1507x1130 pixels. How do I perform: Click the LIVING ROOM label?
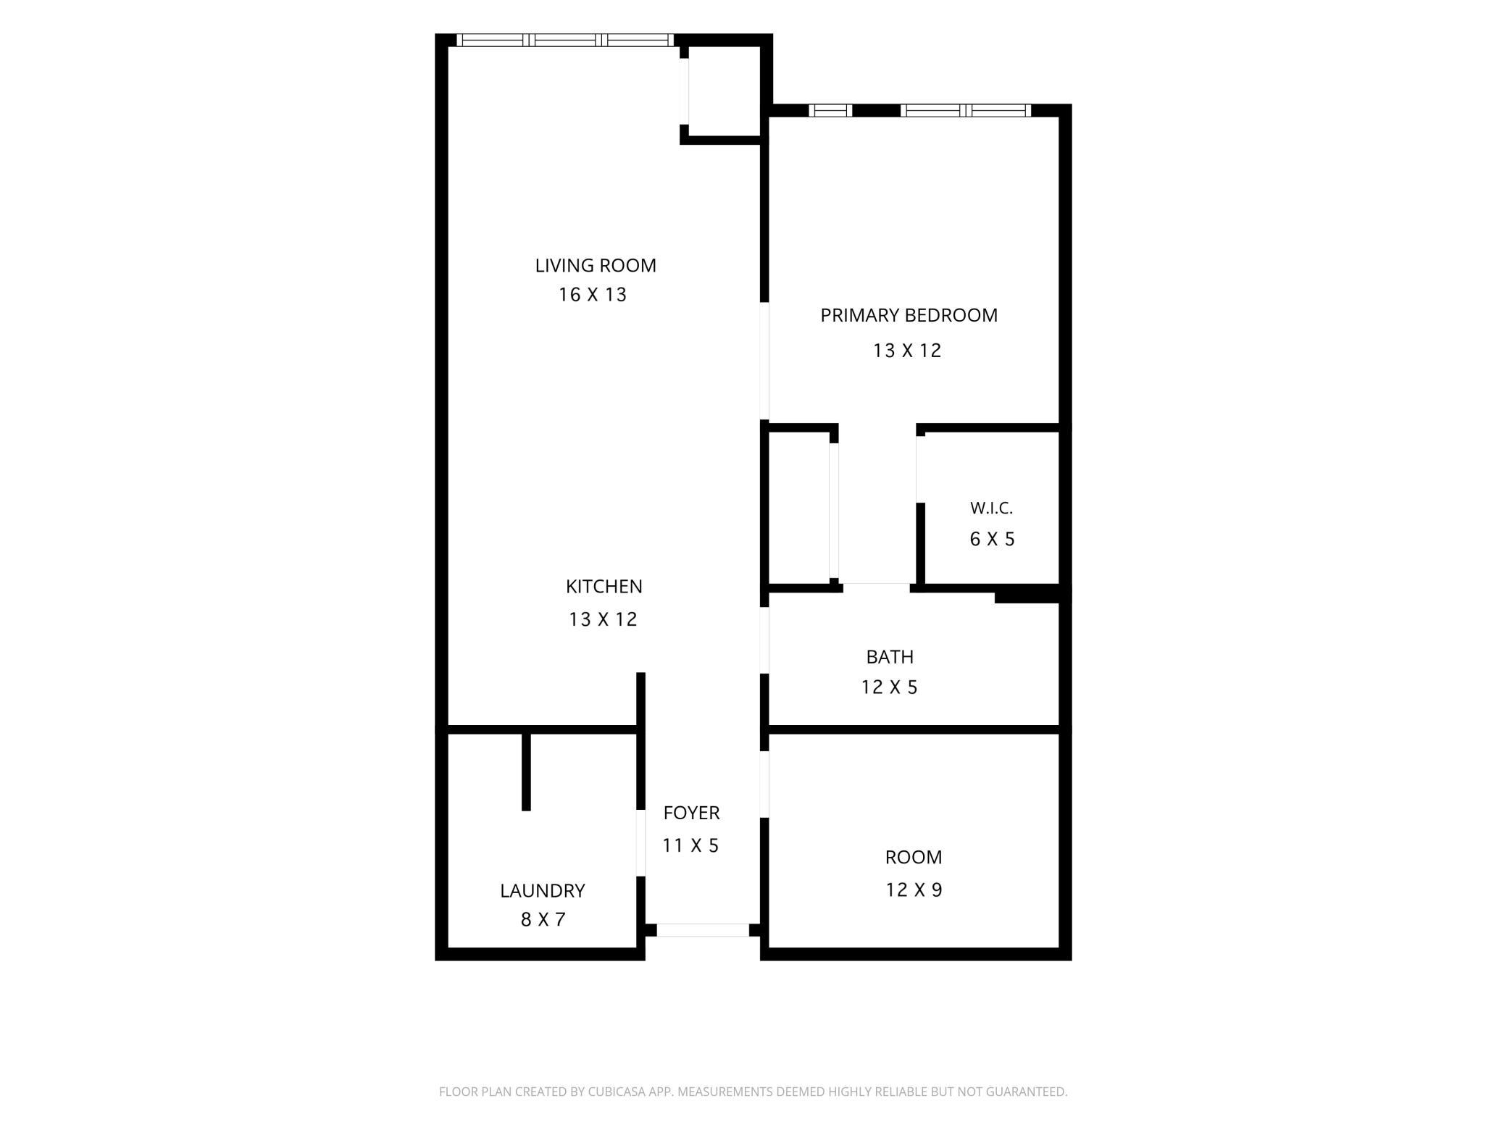pos(596,266)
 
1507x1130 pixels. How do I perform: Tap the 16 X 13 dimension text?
pos(593,295)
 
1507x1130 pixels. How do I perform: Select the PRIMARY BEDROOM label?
pos(909,315)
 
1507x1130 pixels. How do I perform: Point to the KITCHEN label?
pos(604,586)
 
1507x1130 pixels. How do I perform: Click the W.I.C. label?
pos(991,508)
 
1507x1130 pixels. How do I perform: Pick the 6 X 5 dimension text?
pos(992,539)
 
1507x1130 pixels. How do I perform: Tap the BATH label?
pos(890,657)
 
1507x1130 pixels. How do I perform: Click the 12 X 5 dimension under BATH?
pos(889,687)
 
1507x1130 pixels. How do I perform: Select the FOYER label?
pos(691,813)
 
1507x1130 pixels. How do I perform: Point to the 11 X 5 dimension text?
pos(690,845)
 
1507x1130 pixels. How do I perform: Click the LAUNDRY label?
pos(542,890)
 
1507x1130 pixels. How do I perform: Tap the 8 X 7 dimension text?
pos(543,919)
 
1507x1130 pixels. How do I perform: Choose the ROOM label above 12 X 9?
pos(914,857)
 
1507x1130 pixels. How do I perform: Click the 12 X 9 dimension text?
pos(914,890)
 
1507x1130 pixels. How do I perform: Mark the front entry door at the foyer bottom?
pos(703,930)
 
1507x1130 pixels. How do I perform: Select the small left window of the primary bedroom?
pos(830,111)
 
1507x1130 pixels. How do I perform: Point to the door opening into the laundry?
pos(640,843)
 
